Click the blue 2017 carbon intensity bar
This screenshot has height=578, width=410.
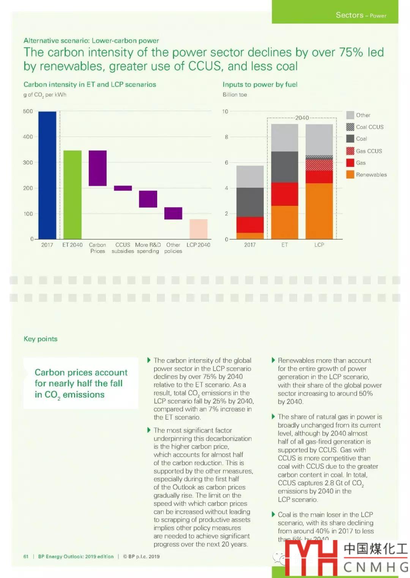tap(47, 175)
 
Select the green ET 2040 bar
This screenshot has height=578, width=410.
tap(72, 194)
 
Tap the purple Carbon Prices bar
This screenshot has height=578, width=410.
tap(98, 168)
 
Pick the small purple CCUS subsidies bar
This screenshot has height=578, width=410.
tap(123, 188)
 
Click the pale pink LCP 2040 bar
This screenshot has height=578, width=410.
tap(199, 229)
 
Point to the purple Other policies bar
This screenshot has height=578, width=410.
tap(173, 213)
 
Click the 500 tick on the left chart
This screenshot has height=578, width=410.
tap(28, 111)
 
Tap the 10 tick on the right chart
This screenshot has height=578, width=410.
tap(225, 111)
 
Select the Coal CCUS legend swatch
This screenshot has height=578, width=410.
tap(350, 127)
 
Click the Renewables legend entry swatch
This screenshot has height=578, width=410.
tap(350, 175)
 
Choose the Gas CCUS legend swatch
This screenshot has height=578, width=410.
tap(350, 151)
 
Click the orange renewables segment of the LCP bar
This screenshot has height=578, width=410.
tap(319, 211)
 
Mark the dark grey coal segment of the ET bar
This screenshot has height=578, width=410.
tap(285, 167)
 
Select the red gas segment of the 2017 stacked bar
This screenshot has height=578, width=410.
tap(250, 224)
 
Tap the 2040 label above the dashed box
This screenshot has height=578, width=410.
tap(302, 118)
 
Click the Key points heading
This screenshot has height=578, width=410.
tap(41, 339)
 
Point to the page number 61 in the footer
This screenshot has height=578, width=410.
tap(26, 556)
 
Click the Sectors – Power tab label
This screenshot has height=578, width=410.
tap(361, 15)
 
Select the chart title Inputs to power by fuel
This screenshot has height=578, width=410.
tap(260, 84)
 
